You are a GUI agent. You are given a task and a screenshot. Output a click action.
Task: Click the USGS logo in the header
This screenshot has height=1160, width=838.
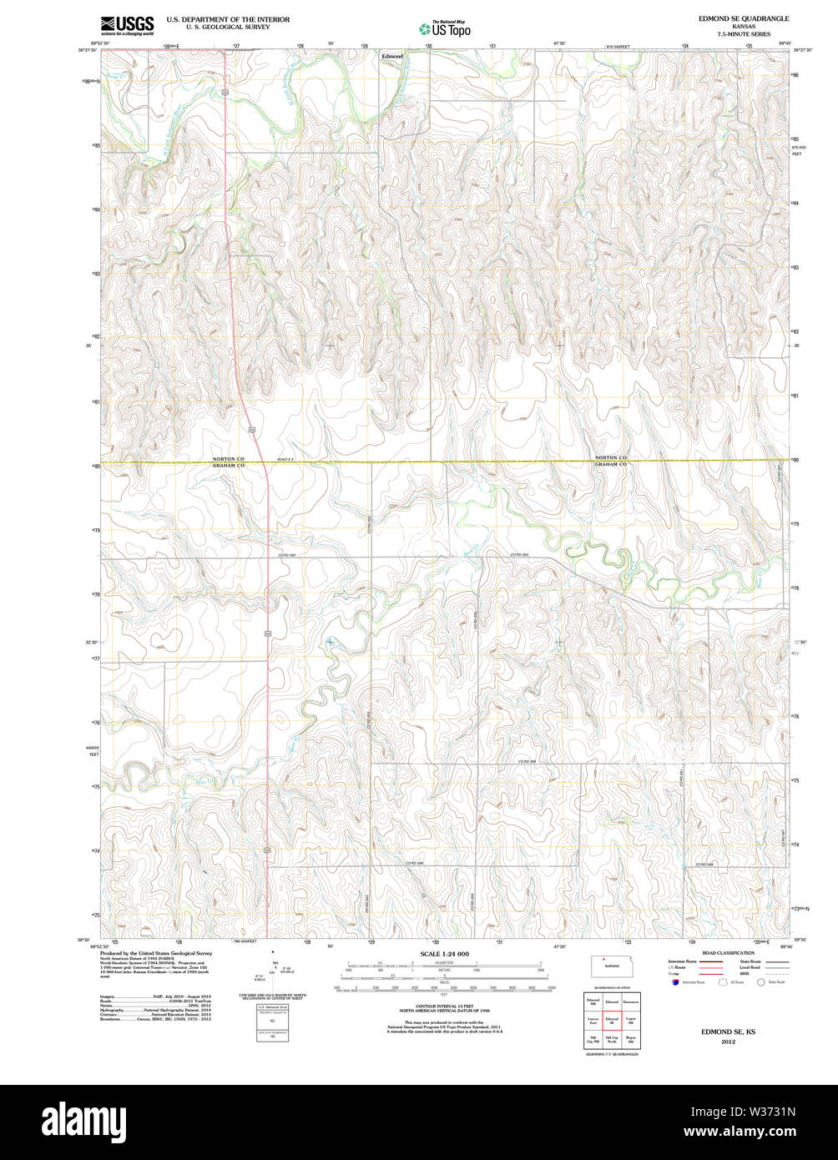[x=127, y=26]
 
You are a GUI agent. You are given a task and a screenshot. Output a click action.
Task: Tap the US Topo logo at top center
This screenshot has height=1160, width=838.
[x=445, y=28]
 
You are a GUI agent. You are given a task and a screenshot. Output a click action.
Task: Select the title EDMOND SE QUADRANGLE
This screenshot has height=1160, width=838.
[x=733, y=18]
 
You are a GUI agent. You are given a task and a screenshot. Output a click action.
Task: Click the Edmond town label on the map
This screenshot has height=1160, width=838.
[x=391, y=57]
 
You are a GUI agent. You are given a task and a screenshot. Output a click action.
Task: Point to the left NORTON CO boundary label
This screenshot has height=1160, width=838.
[x=228, y=458]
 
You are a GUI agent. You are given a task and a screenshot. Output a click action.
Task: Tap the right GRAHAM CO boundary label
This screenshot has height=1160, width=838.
[x=610, y=464]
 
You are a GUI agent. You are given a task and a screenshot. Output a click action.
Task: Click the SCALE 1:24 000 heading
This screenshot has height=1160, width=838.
[x=444, y=954]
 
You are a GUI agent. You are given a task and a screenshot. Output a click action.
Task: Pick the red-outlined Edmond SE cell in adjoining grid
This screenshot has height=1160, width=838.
[x=612, y=1021]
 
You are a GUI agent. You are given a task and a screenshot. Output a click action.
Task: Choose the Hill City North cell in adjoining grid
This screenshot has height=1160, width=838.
[x=612, y=1041]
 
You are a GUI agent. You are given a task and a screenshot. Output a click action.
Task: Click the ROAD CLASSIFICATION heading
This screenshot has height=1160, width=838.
[x=728, y=953]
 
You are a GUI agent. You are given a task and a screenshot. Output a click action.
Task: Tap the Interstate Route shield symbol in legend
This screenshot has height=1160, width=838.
[x=675, y=982]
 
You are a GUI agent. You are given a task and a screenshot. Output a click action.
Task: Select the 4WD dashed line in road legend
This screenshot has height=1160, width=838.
[x=777, y=974]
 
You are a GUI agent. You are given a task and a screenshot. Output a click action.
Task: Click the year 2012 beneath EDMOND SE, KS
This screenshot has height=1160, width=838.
[x=729, y=1041]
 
